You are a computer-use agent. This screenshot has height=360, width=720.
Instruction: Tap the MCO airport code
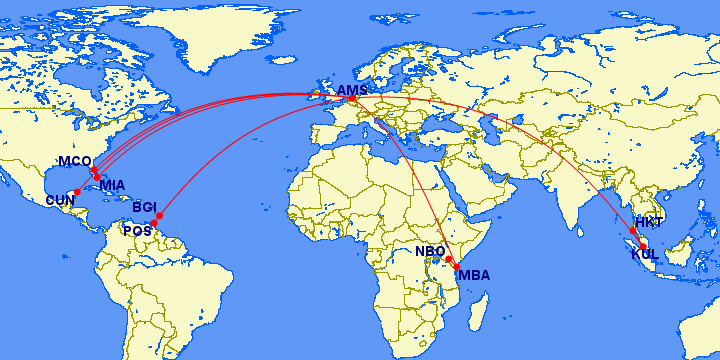74,161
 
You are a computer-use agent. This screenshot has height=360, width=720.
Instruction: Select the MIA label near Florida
113,184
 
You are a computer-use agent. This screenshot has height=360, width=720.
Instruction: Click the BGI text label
145,207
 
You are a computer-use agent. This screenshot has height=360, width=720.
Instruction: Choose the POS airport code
136,231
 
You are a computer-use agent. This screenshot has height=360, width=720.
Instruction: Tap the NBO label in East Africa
430,251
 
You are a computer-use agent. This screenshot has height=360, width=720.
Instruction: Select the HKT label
649,222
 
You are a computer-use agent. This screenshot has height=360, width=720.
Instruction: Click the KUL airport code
644,254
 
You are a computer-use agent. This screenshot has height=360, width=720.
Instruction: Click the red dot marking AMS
351,98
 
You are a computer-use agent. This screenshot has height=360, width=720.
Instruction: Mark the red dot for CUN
77,192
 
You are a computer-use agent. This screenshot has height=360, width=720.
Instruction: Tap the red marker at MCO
93,169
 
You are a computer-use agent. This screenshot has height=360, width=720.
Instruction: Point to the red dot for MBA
457,265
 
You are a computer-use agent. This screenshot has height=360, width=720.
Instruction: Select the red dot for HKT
633,230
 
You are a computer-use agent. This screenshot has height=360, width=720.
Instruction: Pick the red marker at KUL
643,245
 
